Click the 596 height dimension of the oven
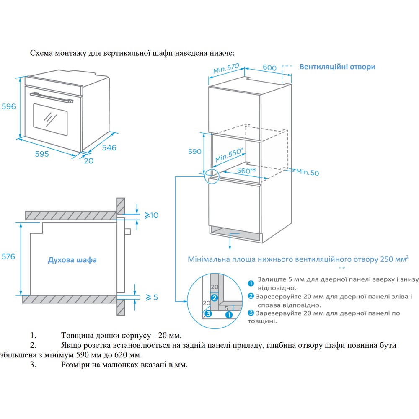point(8,106)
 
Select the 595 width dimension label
point(41,154)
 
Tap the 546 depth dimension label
point(109,147)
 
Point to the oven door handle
point(50,97)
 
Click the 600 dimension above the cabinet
point(269,67)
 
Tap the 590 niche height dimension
point(195,152)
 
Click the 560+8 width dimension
point(246,170)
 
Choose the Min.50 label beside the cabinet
point(308,172)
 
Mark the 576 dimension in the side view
point(8,256)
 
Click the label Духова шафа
point(72,260)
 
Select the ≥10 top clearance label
point(151,215)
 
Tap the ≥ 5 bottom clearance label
point(151,297)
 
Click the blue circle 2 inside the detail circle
point(214,298)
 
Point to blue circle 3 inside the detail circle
point(208,313)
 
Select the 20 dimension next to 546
point(88,160)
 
